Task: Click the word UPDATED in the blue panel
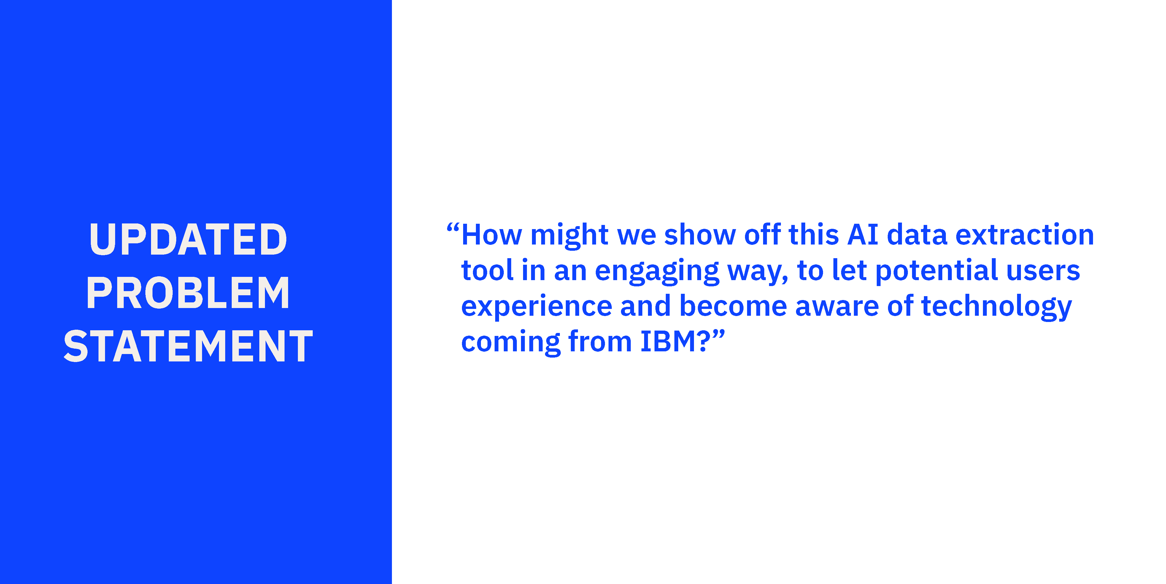188,239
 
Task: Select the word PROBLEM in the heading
188,293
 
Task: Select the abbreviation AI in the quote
863,235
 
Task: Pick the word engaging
657,272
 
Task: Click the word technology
996,307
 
